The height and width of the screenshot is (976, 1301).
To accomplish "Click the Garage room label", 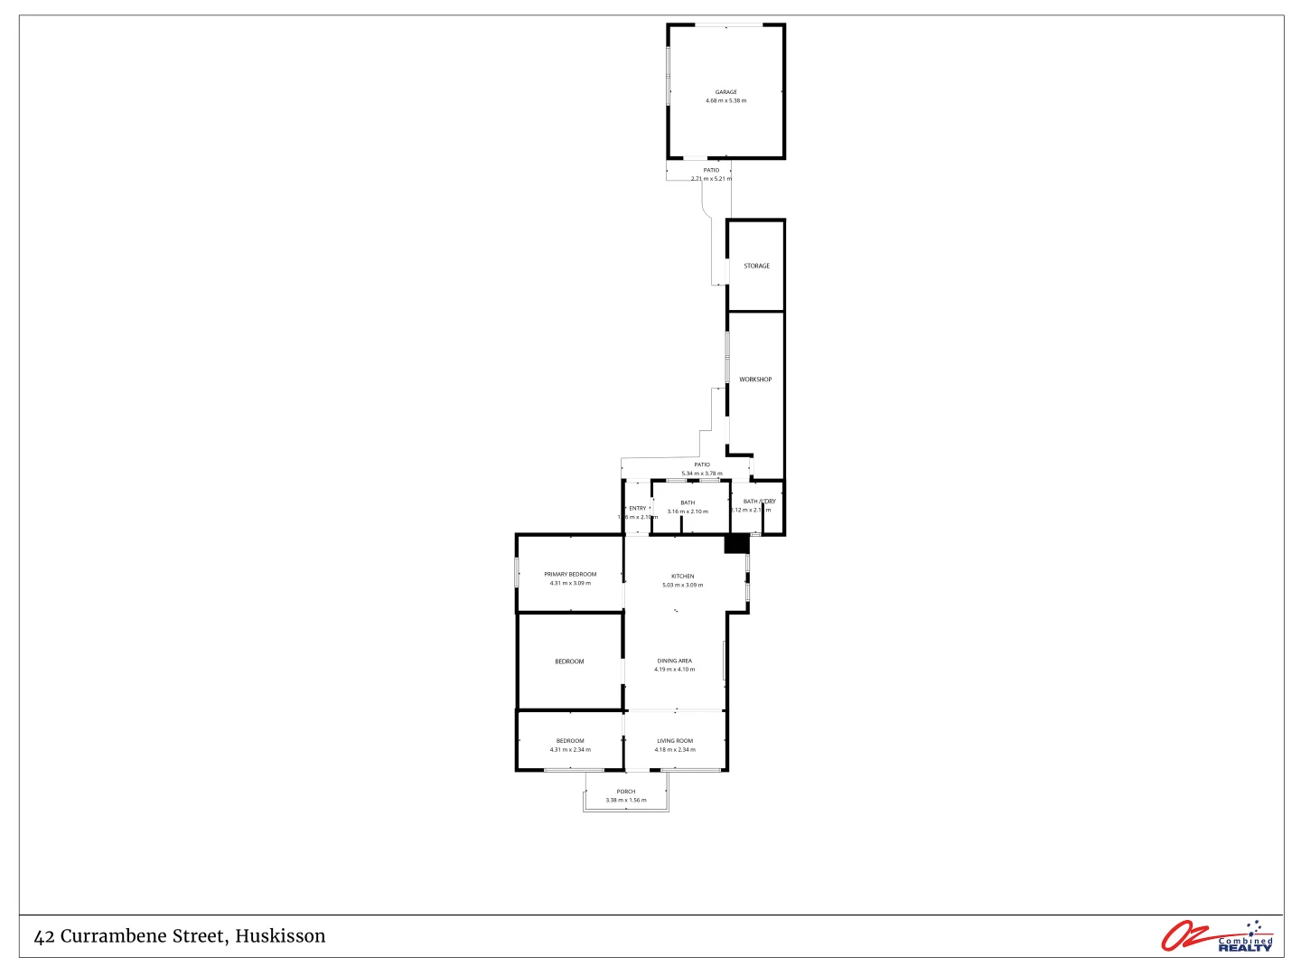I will point(725,92).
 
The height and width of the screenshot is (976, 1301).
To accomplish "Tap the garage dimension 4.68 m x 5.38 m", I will point(725,101).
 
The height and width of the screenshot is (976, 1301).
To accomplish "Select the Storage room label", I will point(757,267).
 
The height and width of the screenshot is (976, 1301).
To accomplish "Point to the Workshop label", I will point(755,380).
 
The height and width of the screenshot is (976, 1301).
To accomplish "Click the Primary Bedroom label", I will point(570,575).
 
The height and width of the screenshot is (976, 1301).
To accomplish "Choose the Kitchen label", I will point(683,577).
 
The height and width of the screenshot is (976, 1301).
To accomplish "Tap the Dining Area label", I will point(675,662).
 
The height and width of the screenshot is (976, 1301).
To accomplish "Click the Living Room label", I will point(675,741).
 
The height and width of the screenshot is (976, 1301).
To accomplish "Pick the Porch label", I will point(626,792).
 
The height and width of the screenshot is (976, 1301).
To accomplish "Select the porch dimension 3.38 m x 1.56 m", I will point(626,801).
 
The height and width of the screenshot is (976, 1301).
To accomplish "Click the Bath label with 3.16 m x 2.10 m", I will point(688,503).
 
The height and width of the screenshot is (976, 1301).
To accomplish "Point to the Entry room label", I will point(638,509).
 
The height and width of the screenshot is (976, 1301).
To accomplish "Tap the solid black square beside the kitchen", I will point(737,544).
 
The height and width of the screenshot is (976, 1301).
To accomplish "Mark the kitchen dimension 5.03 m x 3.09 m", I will point(683,586).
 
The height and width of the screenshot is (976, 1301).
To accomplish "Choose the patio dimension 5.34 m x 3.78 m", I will point(702,474).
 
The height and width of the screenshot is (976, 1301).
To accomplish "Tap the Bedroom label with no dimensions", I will point(569,662).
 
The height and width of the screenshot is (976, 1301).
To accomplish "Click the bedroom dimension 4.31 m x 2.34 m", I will point(570,750).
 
